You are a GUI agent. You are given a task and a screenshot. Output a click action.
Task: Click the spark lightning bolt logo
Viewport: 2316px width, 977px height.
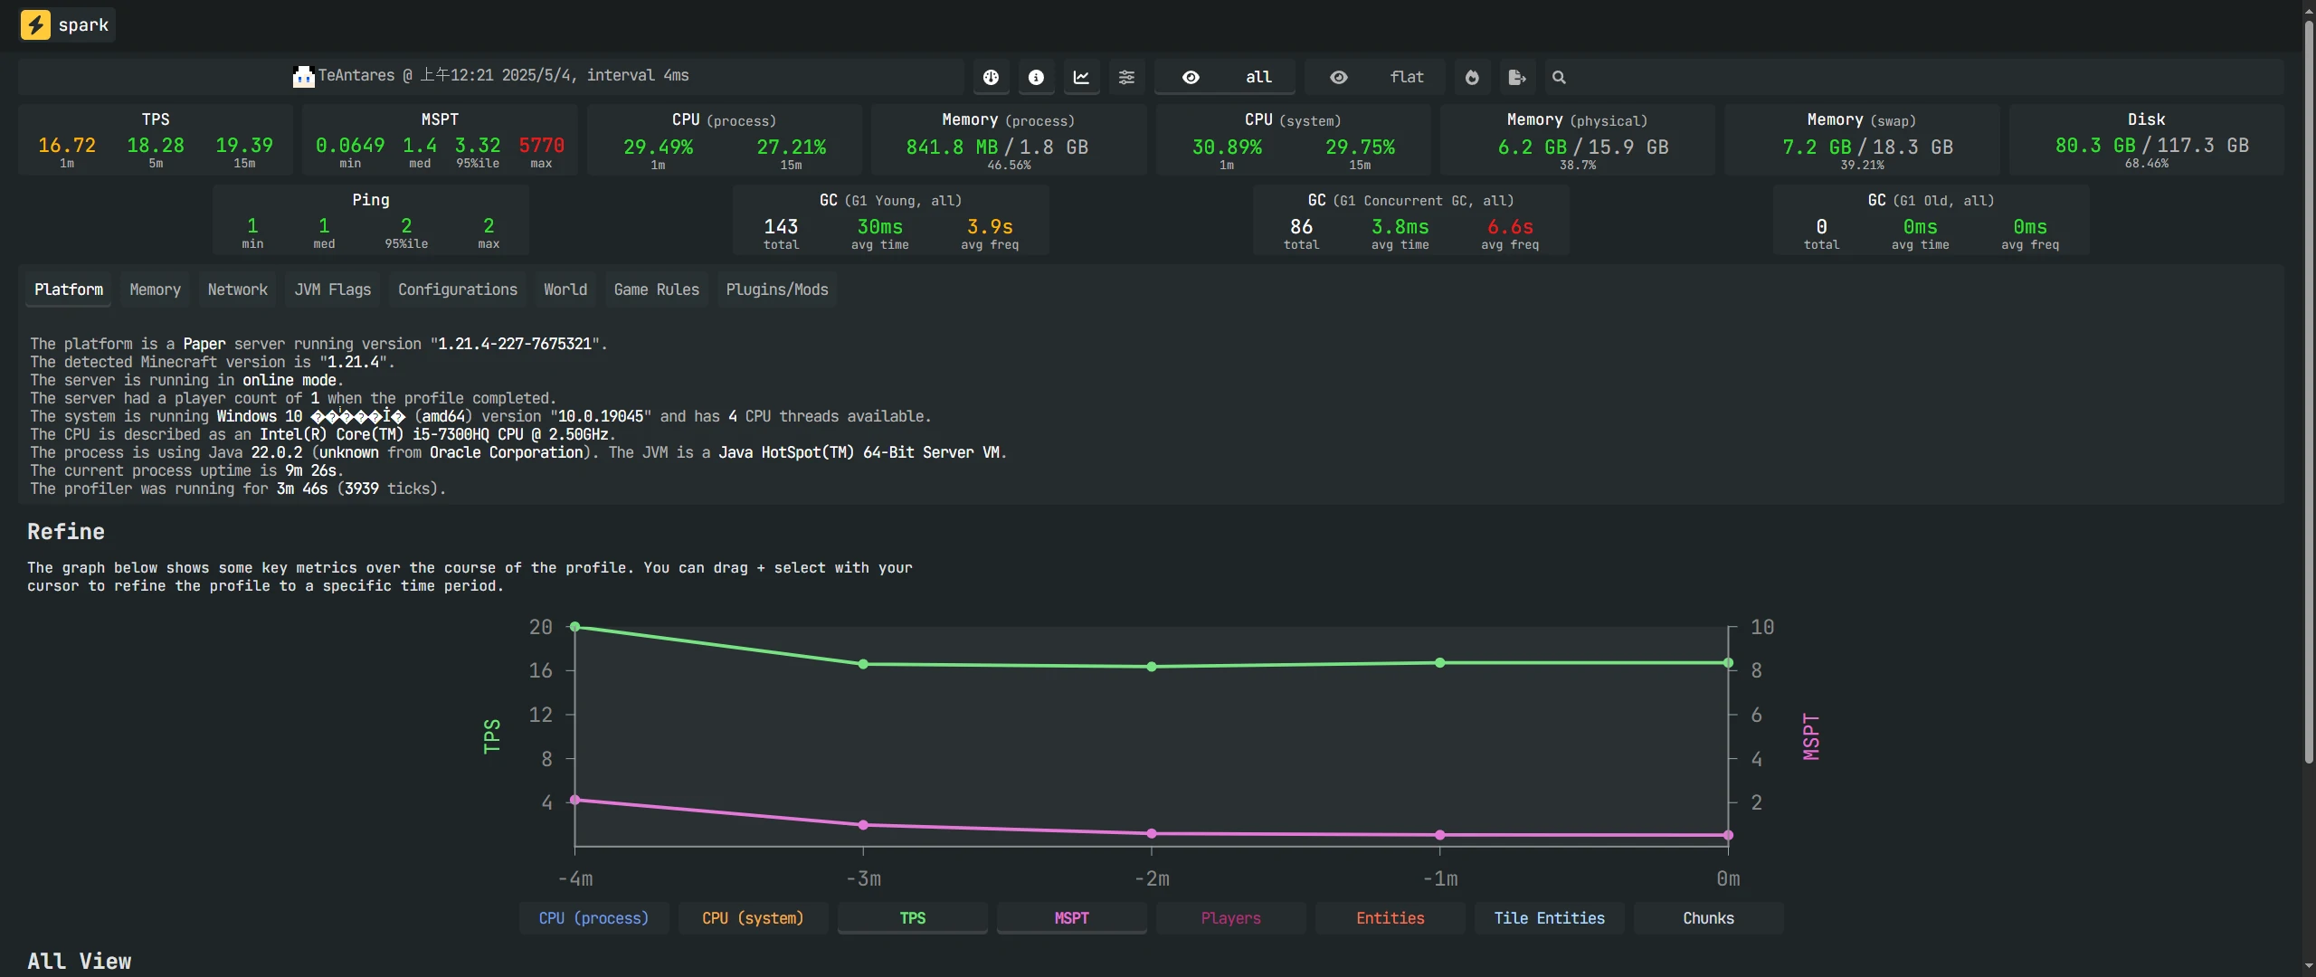(35, 24)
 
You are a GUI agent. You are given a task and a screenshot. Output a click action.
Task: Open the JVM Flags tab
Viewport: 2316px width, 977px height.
(332, 289)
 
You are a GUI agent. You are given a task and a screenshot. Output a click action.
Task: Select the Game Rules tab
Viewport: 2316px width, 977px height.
(656, 289)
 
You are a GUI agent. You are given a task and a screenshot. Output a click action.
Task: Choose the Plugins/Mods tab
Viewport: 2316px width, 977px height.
(776, 289)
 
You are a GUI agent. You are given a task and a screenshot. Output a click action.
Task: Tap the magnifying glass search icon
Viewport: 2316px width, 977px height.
(1559, 78)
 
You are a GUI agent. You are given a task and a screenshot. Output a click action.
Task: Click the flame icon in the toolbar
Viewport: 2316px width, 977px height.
(1472, 78)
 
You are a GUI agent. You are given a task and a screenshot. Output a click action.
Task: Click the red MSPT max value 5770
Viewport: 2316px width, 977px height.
(541, 146)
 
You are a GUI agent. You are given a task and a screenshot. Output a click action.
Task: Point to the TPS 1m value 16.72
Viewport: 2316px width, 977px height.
(67, 146)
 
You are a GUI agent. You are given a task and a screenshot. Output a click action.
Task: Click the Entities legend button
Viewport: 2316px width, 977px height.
(1390, 918)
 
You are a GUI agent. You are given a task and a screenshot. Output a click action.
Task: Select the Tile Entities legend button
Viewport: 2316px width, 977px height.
(1549, 918)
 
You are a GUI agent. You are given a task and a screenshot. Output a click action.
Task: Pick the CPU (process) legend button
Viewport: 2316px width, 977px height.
(593, 918)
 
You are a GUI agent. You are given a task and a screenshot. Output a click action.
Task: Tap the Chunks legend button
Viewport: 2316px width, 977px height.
(1708, 918)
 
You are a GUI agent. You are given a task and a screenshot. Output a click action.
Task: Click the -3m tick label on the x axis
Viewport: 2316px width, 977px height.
(863, 878)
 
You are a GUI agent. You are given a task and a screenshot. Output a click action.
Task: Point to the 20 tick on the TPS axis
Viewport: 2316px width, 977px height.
(540, 627)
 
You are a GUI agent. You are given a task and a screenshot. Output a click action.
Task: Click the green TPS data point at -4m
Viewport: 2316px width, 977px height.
(575, 627)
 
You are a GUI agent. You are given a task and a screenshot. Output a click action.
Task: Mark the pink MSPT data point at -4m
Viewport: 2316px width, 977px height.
(575, 800)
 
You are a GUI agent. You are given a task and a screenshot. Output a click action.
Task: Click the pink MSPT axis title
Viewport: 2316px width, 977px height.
(1810, 736)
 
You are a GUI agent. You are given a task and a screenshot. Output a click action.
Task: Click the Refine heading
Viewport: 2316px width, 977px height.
(66, 532)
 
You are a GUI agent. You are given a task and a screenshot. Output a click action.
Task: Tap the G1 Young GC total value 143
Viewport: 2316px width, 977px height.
(781, 226)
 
